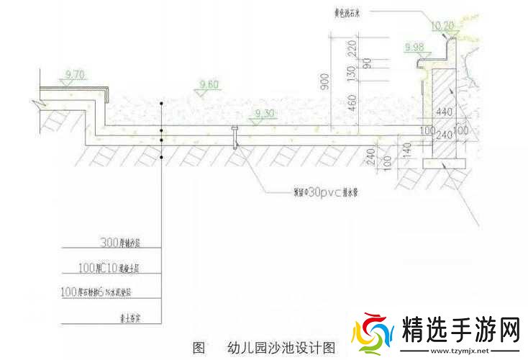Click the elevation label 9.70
point(75,74)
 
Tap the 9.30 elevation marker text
point(264,114)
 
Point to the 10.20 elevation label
point(442,24)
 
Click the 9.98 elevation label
point(415,47)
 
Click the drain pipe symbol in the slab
point(235,135)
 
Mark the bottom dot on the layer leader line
point(162,156)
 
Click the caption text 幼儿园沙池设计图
point(281,347)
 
